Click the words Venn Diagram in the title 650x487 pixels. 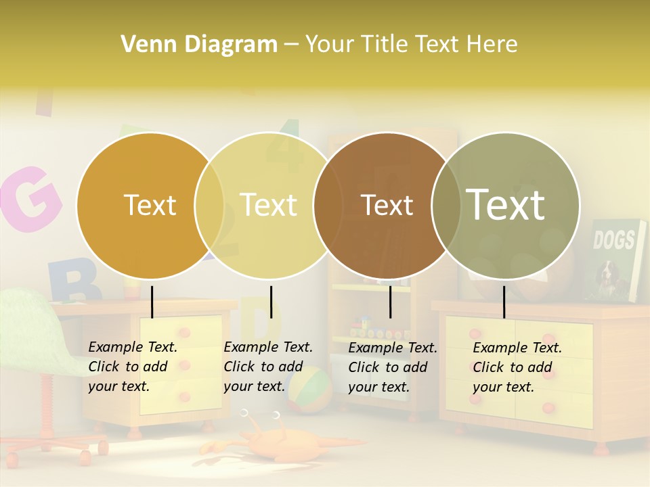click(x=199, y=45)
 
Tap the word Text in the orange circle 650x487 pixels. click(x=150, y=205)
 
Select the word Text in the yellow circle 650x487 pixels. click(x=269, y=205)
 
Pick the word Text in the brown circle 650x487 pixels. click(x=387, y=205)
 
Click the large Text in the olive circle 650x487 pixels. click(x=506, y=204)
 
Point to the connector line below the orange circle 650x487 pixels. click(x=152, y=302)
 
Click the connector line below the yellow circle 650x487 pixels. click(x=271, y=302)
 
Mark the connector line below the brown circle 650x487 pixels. click(x=390, y=302)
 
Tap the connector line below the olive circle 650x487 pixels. click(x=504, y=302)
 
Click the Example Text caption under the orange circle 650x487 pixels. click(x=132, y=367)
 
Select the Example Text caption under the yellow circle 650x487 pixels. click(x=267, y=367)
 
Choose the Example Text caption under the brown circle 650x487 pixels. click(x=392, y=367)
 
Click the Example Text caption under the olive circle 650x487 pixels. click(x=517, y=367)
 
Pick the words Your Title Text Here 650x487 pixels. click(x=411, y=45)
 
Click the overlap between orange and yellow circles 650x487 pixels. click(x=209, y=205)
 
